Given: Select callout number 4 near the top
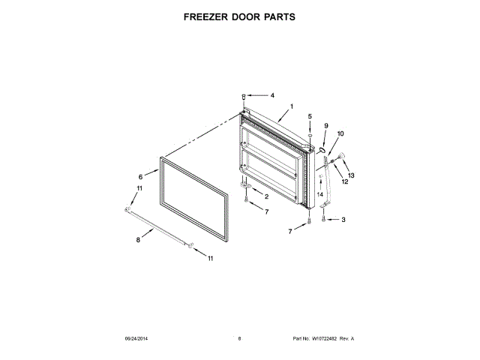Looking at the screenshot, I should coord(272,95).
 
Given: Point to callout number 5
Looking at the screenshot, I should coord(310,116).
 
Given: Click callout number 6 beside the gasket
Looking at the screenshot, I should coord(139,175).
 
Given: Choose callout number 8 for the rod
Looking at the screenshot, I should coord(137,241).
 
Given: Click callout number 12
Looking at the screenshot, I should coord(346,181).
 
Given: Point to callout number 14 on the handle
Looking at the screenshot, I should coord(319,194).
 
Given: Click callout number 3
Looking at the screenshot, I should coord(343,220).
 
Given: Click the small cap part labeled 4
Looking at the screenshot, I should coord(244,96).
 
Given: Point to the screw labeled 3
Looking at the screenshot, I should coord(324,220).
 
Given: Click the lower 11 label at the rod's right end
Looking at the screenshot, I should coord(210,259).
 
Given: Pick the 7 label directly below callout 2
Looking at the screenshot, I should coord(266,212).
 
